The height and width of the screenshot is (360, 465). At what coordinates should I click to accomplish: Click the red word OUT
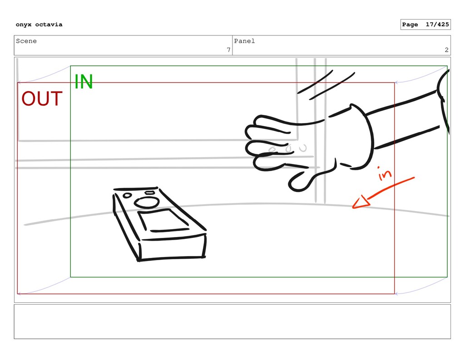point(42,99)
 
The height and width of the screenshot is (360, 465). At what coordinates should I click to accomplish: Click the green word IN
point(84,82)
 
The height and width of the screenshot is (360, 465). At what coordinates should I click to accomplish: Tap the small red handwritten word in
point(384,173)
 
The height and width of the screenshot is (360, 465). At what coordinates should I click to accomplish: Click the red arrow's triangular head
point(361,202)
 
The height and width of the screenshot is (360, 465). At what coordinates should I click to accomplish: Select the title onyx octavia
point(39,25)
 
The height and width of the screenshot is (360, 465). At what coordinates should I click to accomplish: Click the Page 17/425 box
point(425,25)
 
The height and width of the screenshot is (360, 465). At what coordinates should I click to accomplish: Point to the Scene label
point(26,41)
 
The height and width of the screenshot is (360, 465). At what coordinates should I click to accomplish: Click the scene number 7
point(229,50)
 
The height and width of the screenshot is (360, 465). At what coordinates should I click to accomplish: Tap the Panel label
point(244,41)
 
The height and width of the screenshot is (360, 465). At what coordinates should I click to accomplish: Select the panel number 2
point(447,50)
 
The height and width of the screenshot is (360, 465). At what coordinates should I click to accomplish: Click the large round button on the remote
point(147,202)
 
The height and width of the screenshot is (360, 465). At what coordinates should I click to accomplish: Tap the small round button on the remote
point(127,195)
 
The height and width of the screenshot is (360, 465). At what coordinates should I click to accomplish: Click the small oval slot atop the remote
point(149,193)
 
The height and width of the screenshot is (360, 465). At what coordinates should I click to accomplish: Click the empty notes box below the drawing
point(232,322)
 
